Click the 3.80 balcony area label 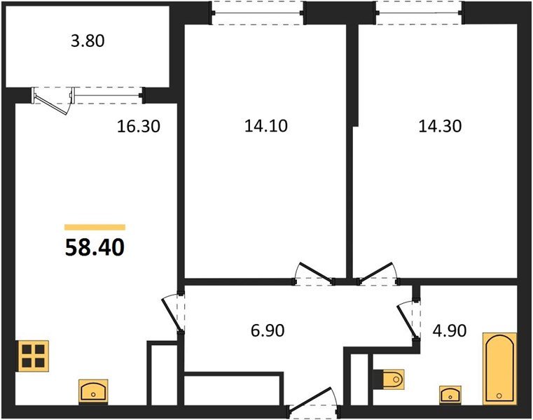(x=88, y=41)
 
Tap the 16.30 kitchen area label (x=139, y=127)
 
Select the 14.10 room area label (x=266, y=127)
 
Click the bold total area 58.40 (x=95, y=247)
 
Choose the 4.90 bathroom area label (x=452, y=329)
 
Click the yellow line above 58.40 (x=95, y=227)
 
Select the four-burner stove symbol (x=34, y=355)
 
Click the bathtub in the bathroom (x=499, y=368)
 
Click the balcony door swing (x=54, y=101)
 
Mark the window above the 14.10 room (x=258, y=12)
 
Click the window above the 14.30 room (x=419, y=12)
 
